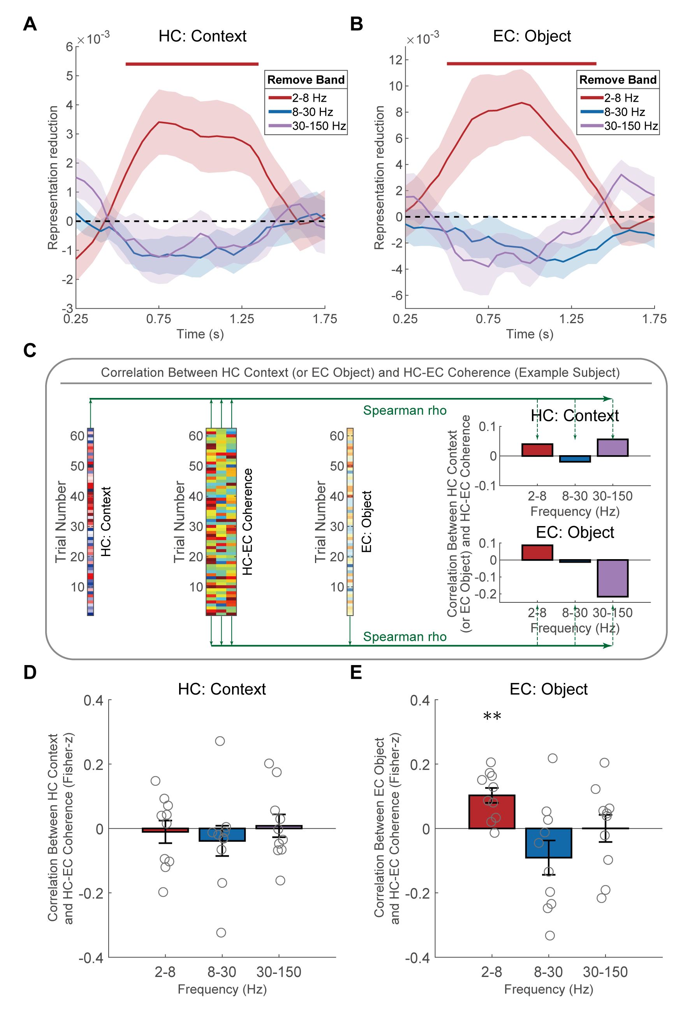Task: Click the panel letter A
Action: (x=30, y=24)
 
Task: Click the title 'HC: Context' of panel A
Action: (x=202, y=36)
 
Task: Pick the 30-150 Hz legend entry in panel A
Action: (x=307, y=126)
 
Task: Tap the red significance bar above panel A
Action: (x=192, y=64)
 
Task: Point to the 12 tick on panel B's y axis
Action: (x=396, y=60)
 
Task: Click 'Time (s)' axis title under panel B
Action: (x=529, y=334)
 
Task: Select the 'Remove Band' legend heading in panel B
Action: (x=618, y=80)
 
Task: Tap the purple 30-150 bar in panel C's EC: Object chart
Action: (x=613, y=578)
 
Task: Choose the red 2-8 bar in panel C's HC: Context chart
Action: (x=537, y=450)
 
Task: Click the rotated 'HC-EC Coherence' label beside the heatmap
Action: (x=247, y=522)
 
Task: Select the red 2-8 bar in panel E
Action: (x=492, y=812)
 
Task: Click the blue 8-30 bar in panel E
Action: (x=549, y=843)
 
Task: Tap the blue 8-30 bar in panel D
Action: (x=222, y=834)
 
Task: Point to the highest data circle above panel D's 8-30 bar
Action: (x=220, y=741)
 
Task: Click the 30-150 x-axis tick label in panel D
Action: (x=279, y=972)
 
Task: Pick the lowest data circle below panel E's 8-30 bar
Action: (x=550, y=935)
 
